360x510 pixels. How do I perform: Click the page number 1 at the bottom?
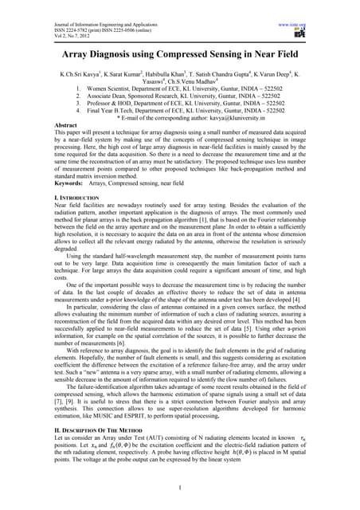coord(182,488)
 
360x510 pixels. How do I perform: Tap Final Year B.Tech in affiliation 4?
coord(112,109)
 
